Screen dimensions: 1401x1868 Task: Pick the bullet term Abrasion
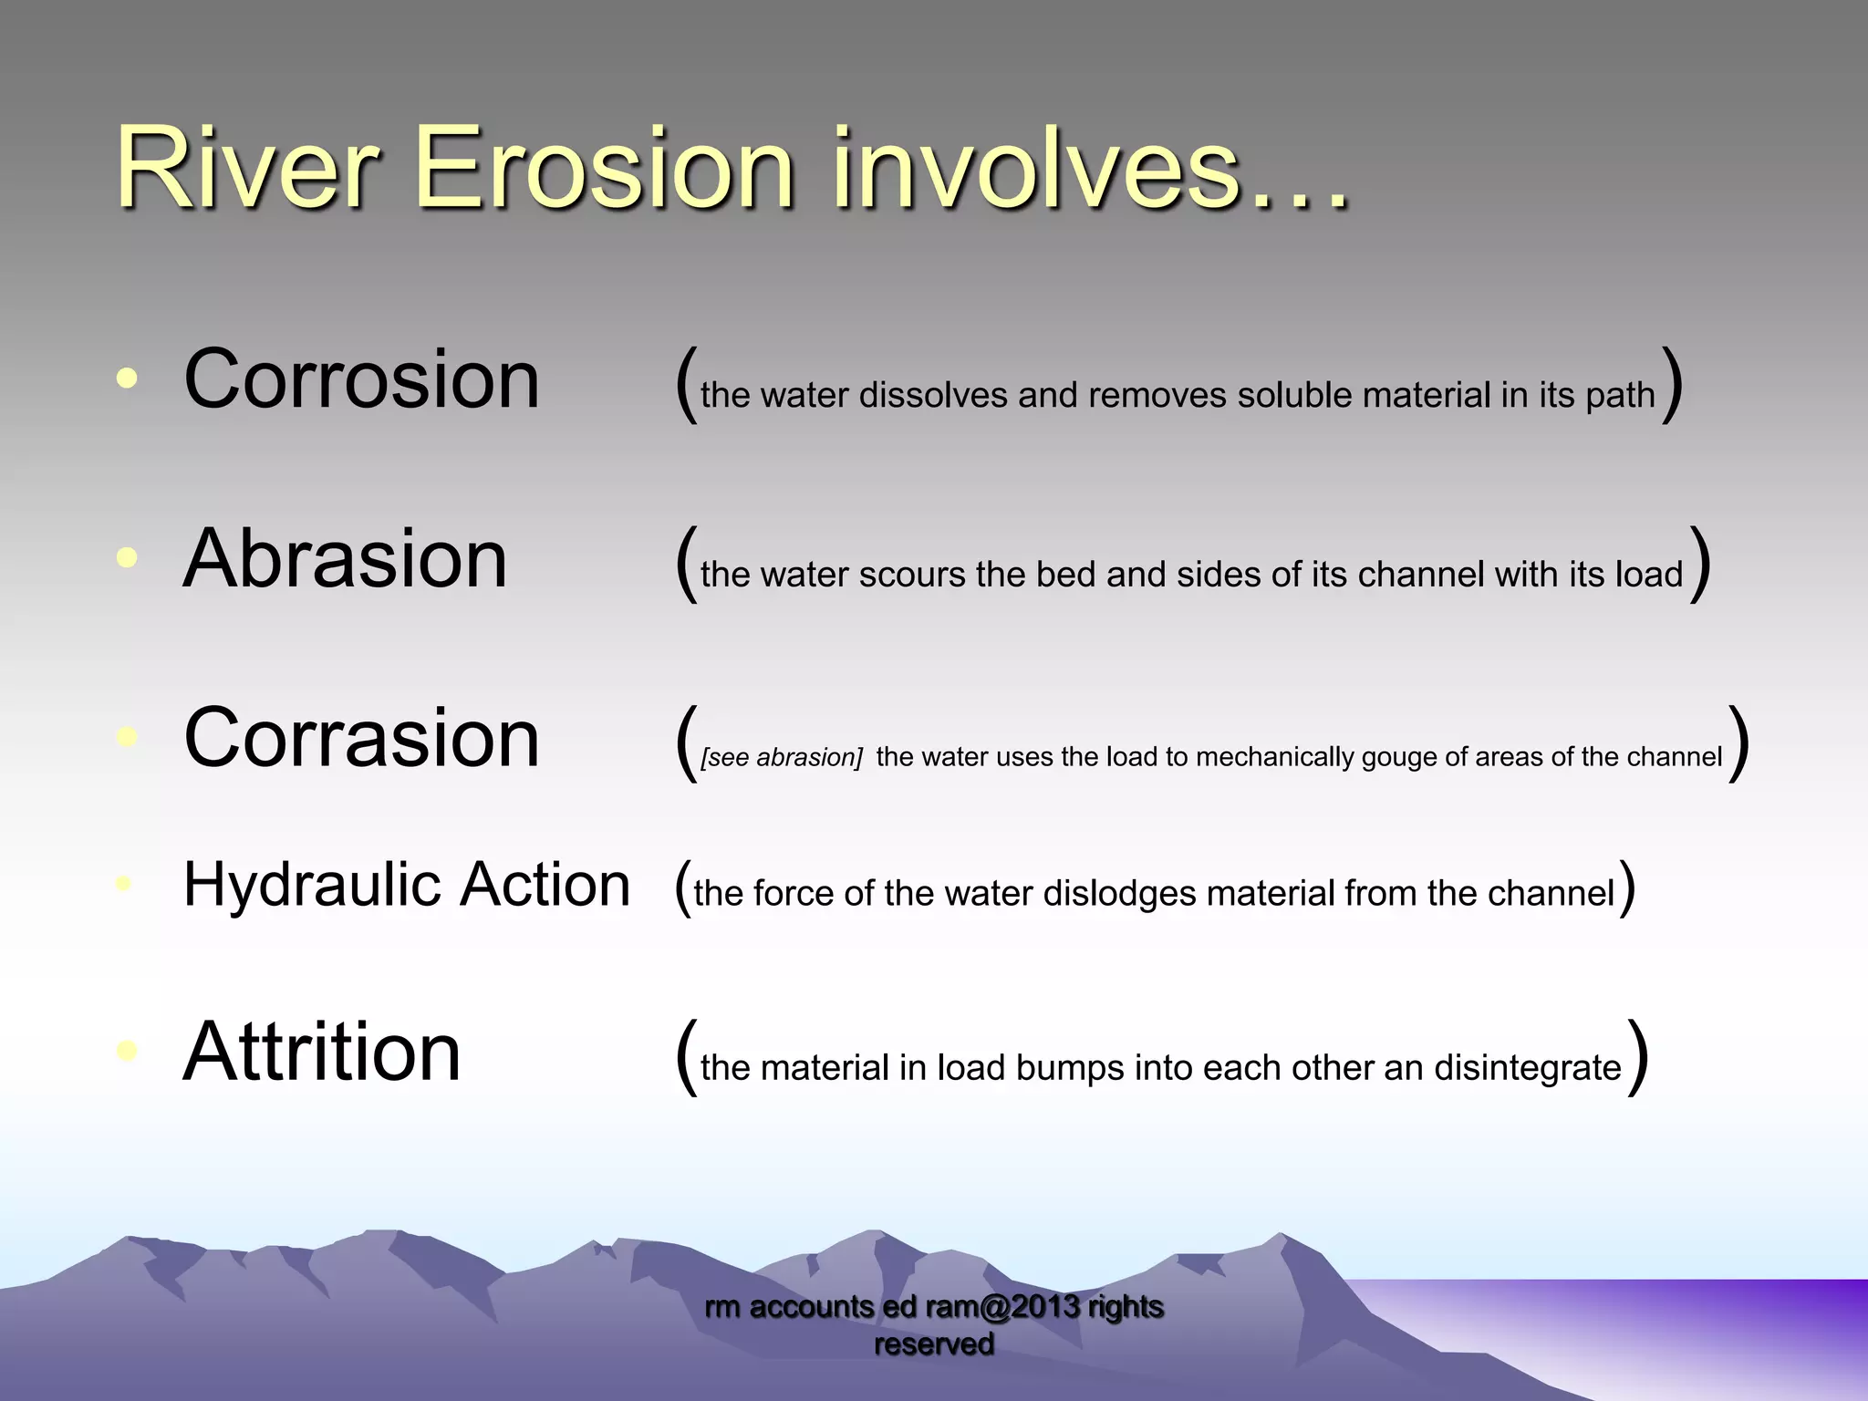coord(345,558)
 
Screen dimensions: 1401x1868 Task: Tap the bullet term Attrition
coord(322,1052)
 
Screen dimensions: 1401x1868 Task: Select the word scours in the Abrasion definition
coord(912,575)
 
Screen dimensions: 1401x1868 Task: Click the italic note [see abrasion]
coord(782,757)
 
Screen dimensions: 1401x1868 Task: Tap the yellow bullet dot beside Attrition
coord(128,1051)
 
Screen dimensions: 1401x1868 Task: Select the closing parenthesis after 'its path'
coord(1672,385)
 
